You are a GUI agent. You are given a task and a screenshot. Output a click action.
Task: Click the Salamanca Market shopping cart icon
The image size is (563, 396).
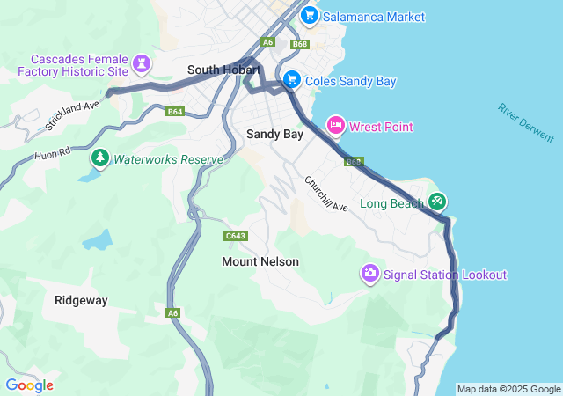coord(309,16)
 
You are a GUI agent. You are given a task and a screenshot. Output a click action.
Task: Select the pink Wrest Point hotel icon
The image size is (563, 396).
coord(335,126)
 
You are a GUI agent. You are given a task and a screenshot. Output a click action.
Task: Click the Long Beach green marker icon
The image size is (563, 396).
coord(437,202)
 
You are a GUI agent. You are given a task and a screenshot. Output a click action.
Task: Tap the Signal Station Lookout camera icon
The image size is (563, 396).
coord(370,274)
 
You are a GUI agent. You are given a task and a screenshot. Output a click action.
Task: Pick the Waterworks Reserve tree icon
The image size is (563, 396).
coord(100,158)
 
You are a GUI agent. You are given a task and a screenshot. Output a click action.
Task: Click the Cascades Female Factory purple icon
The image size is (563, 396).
coord(141,63)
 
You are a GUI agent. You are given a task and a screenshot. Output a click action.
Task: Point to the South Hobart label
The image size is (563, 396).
coord(224,70)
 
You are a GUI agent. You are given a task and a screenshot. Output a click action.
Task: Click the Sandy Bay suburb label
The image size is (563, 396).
coord(274,135)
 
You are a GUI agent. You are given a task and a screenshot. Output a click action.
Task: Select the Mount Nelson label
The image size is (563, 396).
coord(260,261)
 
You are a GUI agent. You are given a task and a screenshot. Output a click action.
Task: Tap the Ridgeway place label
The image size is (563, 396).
coord(81,300)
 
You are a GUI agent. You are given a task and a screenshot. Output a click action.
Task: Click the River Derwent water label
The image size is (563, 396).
coord(526,123)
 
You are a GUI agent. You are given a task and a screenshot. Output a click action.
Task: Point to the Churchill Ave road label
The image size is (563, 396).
coord(326,194)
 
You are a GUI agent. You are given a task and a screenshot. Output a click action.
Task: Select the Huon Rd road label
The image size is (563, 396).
coord(53,156)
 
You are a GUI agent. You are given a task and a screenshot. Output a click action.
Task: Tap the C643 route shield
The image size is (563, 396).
coord(235,236)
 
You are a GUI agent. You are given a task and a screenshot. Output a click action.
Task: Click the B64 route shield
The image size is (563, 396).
coord(175,112)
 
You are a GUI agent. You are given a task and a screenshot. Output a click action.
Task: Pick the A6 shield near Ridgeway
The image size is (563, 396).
coord(172,312)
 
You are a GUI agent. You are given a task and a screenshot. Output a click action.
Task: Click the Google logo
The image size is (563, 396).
coord(29,385)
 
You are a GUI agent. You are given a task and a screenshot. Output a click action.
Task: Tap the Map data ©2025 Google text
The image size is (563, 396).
coord(508,389)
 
